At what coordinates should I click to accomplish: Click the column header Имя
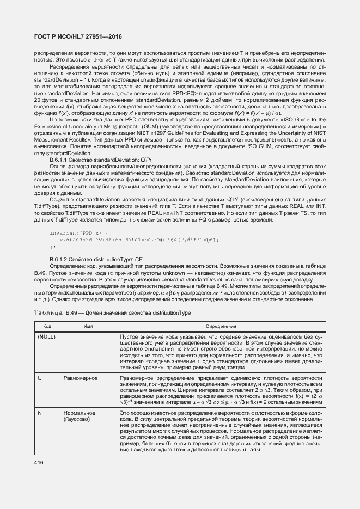pyautogui.click(x=87, y=326)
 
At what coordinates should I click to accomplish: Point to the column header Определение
pyautogui.click(x=221, y=326)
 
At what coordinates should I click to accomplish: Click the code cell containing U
pyautogui.click(x=40, y=377)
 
